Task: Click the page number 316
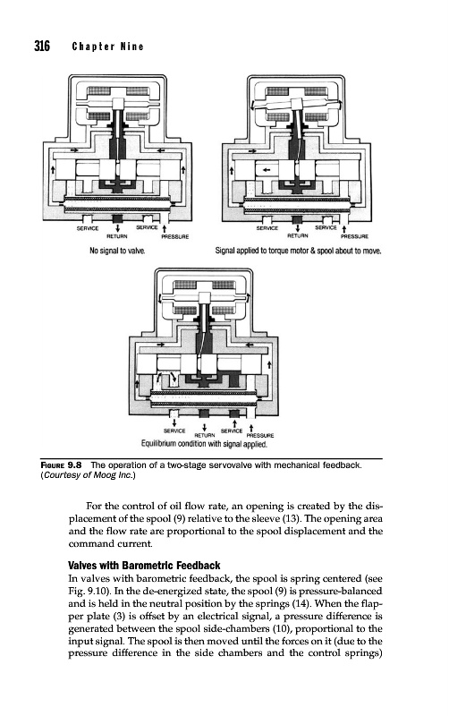click(x=42, y=47)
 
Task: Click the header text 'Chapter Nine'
click(x=107, y=47)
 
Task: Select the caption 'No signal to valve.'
click(x=117, y=251)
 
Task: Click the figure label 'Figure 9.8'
click(x=61, y=465)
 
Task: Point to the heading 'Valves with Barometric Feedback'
click(x=144, y=566)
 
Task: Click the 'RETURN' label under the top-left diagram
click(x=117, y=236)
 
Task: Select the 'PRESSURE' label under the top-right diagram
click(x=355, y=236)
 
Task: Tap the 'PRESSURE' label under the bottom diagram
click(x=259, y=435)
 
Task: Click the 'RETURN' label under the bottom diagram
click(x=204, y=435)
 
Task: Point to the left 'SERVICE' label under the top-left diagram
click(x=87, y=228)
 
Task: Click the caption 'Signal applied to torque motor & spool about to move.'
click(x=299, y=251)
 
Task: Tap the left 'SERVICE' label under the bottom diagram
click(x=174, y=430)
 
